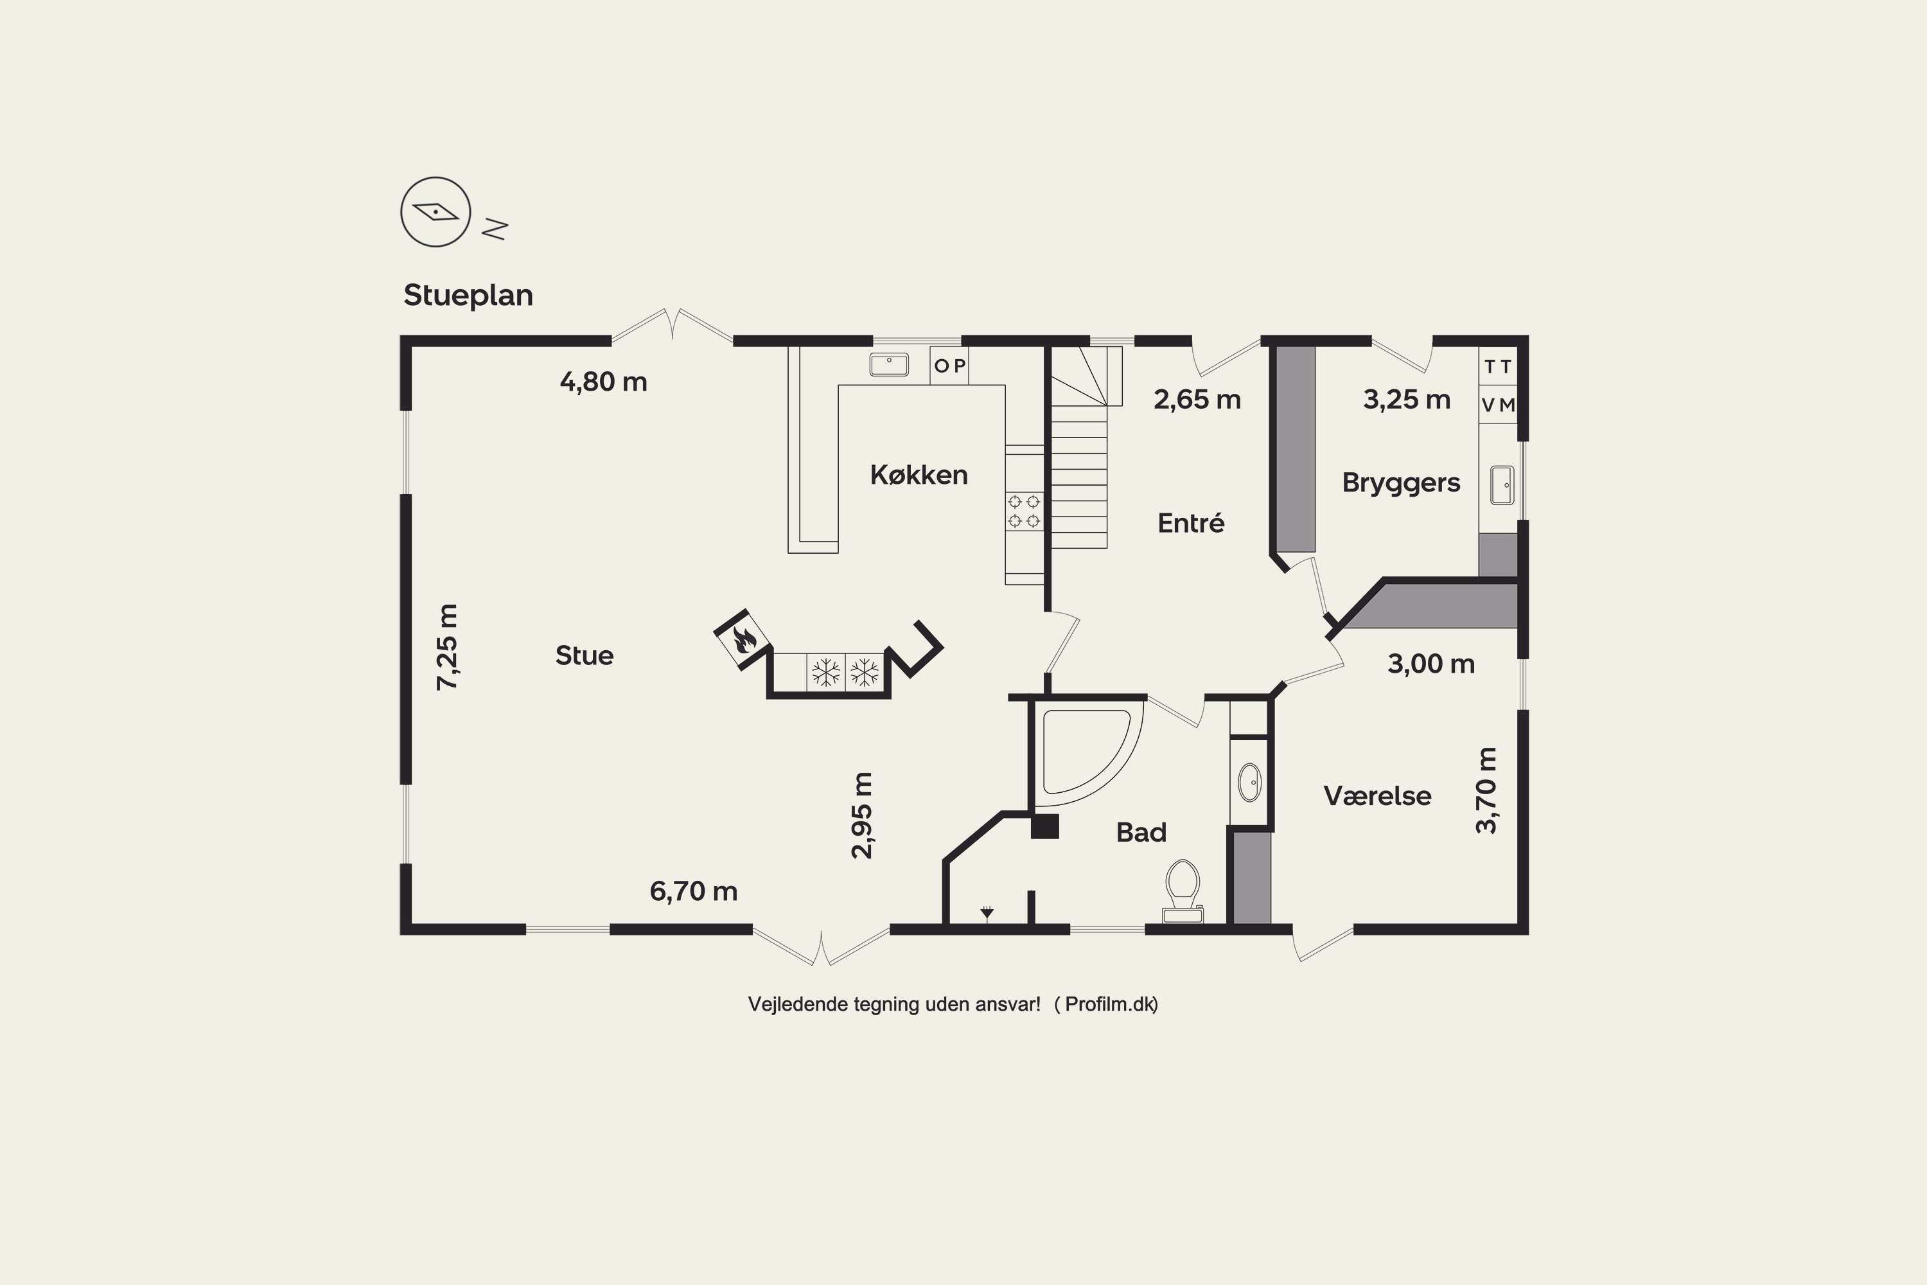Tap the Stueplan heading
click(468, 295)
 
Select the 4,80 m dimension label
click(603, 382)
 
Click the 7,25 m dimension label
click(447, 646)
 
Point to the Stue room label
click(584, 655)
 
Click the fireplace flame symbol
click(743, 639)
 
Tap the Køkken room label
click(919, 475)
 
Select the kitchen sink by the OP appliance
click(889, 365)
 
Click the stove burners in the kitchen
click(1024, 511)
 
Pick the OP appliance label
click(949, 366)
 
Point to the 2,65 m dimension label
click(1197, 400)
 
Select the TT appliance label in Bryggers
click(1498, 366)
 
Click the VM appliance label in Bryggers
click(1499, 405)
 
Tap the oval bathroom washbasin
click(1249, 782)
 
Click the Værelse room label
click(1377, 796)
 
